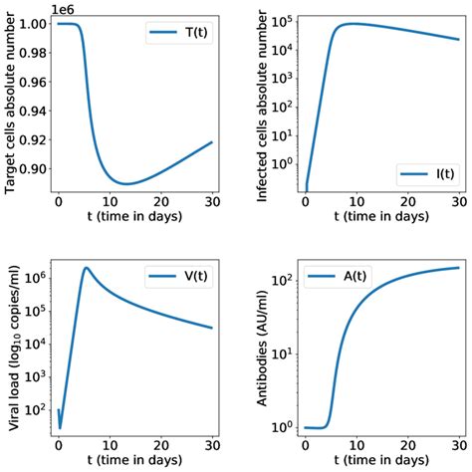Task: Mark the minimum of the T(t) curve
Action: coord(126,183)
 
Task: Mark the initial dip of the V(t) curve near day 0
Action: coord(61,426)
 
